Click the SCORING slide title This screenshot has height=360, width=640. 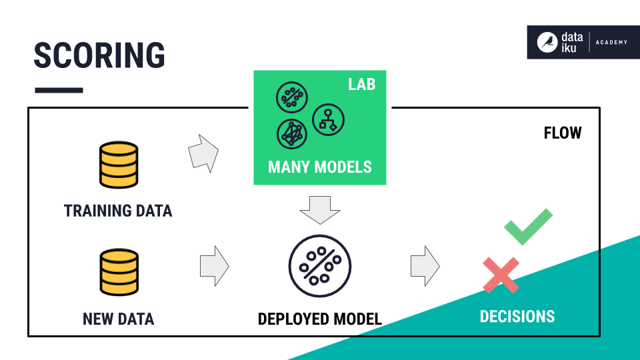99,55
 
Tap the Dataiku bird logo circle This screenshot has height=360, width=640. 547,42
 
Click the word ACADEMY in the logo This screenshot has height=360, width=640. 611,43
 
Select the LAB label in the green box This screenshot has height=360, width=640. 361,84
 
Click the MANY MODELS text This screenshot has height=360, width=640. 319,166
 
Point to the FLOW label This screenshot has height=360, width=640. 563,133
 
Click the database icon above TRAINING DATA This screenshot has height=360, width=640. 119,165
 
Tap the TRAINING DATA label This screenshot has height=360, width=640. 118,211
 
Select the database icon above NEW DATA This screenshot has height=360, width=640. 119,271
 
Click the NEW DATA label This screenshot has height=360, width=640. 119,319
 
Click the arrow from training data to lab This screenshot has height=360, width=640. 203,153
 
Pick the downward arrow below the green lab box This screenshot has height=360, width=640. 319,209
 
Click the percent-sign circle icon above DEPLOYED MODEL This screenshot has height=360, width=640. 319,266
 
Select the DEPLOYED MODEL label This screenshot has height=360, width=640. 319,319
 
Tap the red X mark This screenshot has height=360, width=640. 501,275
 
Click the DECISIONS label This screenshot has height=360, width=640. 517,316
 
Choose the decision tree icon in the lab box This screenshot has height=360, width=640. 328,119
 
